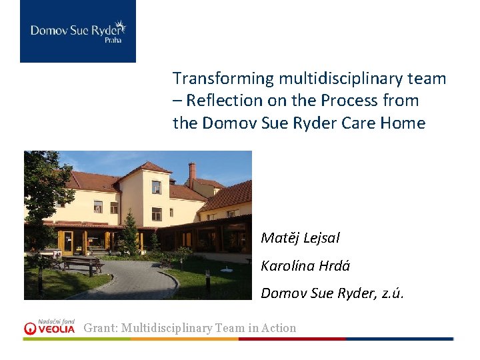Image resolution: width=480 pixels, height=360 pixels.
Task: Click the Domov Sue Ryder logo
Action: (77, 31)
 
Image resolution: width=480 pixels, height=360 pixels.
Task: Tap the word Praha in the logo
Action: (113, 41)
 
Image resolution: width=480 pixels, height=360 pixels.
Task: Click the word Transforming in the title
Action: (223, 79)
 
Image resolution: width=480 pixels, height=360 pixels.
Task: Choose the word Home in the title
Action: (404, 123)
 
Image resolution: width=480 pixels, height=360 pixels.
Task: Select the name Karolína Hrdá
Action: (305, 266)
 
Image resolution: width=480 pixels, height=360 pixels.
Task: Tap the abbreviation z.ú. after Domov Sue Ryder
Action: (392, 293)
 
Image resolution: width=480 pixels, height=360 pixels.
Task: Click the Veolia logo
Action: (50, 327)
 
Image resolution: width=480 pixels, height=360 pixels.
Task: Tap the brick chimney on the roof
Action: (192, 174)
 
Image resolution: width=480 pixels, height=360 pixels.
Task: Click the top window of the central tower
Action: (155, 187)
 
